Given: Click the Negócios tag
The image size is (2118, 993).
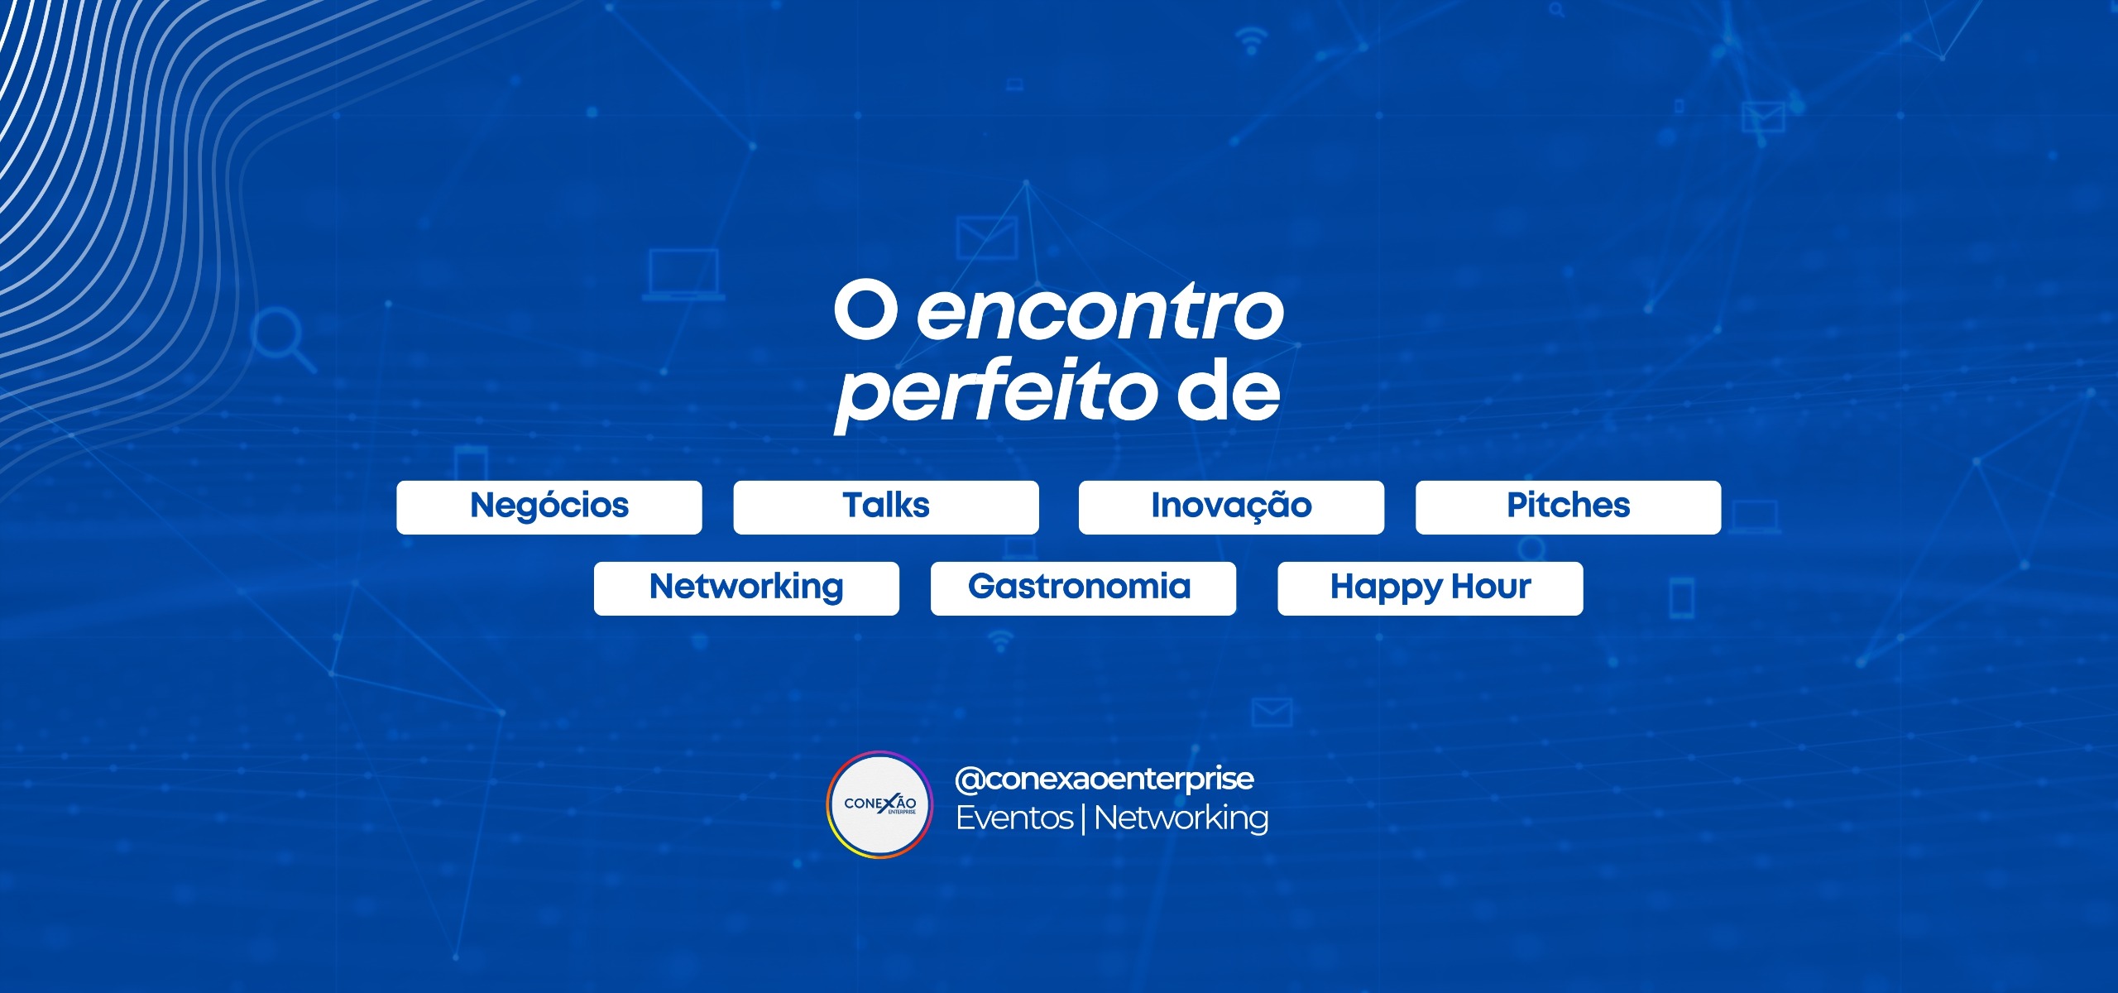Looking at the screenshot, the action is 549,507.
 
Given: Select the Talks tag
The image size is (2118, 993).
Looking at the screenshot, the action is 886,507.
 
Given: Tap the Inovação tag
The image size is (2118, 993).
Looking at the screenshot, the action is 1231,507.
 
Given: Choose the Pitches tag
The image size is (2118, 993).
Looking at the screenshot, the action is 1569,507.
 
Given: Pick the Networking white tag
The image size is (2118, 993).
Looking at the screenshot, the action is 746,588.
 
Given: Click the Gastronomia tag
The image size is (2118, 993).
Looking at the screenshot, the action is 1083,588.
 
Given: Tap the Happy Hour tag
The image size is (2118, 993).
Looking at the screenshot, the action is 1430,588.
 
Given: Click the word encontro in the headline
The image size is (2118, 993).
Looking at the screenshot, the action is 1100,313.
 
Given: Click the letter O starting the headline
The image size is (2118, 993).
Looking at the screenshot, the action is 865,311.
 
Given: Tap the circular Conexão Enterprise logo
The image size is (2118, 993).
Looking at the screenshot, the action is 879,804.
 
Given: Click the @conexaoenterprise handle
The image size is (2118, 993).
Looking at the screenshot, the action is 1105,779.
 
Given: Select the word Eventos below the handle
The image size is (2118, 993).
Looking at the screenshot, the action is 1014,818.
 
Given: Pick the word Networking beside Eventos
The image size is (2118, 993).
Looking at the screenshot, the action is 1181,819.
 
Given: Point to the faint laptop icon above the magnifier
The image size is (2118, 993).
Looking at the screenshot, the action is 683,273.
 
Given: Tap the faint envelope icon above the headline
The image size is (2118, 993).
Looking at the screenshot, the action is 986,237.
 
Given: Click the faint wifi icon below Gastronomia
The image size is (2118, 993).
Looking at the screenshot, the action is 1001,640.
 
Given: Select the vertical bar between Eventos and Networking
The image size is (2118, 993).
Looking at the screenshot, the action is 1084,819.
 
